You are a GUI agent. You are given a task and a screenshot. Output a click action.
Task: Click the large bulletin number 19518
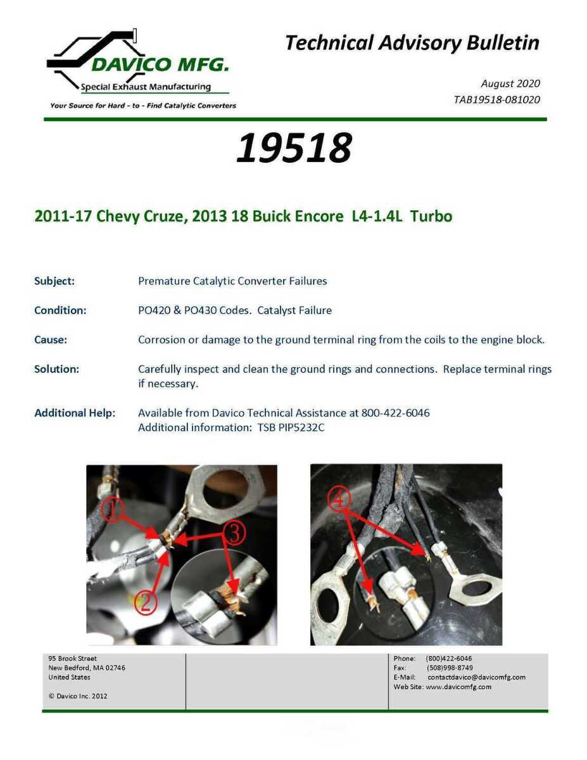[x=293, y=148]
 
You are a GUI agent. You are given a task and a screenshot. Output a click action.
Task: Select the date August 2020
[x=510, y=84]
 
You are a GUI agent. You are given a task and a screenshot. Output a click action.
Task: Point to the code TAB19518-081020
[x=496, y=99]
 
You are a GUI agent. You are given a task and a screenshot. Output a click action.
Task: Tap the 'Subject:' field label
[x=54, y=281]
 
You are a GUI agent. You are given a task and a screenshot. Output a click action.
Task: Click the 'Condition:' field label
[x=60, y=310]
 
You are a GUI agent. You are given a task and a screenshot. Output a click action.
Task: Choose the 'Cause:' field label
[x=51, y=340]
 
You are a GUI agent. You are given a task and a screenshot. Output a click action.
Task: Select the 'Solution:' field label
[x=57, y=369]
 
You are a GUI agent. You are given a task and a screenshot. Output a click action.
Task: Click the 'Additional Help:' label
[x=75, y=413]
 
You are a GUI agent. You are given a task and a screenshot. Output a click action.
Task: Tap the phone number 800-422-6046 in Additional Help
[x=395, y=413]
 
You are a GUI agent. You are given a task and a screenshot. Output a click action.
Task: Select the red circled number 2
[x=145, y=602]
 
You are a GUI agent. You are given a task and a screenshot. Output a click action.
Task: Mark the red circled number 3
[x=234, y=533]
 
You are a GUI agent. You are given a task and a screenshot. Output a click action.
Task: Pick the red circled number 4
[x=339, y=500]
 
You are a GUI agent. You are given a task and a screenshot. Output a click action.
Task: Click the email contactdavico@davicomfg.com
[x=476, y=677]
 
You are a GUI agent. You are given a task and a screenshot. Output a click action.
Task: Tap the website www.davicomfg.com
[x=458, y=687]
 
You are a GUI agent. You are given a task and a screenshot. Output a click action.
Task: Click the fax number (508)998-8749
[x=449, y=668]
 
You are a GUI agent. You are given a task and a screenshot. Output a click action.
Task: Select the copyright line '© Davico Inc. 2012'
[x=78, y=696]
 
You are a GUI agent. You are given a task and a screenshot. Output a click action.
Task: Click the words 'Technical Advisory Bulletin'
[x=412, y=43]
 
